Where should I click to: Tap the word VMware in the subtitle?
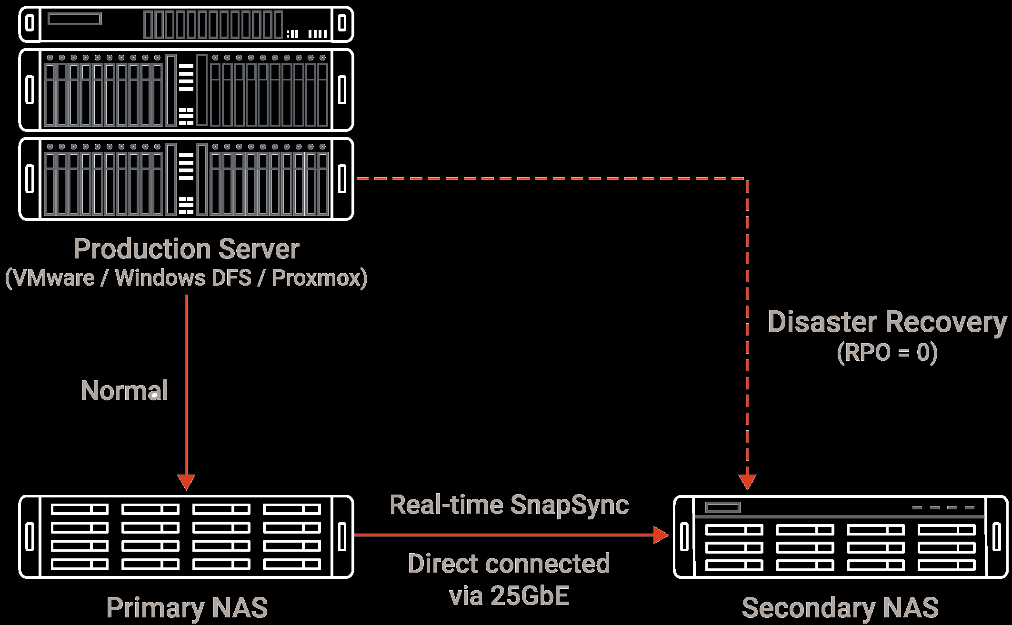tap(54, 278)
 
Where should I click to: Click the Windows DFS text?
tap(183, 278)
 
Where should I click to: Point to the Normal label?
tap(124, 391)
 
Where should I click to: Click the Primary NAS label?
tap(187, 608)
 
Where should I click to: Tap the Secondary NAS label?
tap(840, 608)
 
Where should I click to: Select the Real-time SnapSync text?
tap(509, 505)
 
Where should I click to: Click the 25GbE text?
tap(529, 596)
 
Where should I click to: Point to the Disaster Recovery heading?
tap(887, 322)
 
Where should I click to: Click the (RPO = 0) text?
tap(887, 353)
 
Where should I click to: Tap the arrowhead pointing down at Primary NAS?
tap(186, 482)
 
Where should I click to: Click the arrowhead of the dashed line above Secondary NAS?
tap(747, 482)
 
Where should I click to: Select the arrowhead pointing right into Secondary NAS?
tap(661, 535)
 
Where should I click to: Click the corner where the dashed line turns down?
tap(747, 179)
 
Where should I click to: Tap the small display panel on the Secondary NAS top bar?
tap(722, 507)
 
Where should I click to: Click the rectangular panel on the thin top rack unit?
tap(75, 19)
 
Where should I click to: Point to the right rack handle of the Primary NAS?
tap(342, 536)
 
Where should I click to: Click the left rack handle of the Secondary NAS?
tap(684, 536)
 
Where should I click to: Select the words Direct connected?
tap(509, 564)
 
